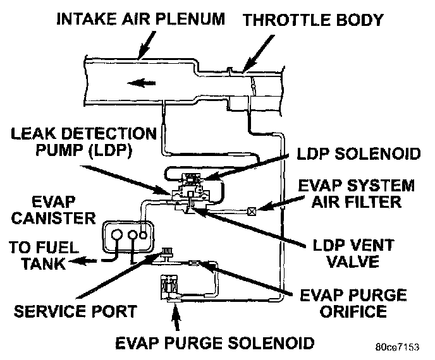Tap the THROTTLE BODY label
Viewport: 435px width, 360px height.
(314, 20)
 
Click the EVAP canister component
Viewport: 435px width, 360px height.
(125, 236)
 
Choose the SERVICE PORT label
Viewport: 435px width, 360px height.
(75, 312)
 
